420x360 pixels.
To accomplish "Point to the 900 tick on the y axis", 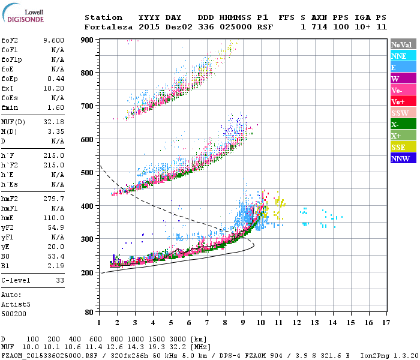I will (88, 40).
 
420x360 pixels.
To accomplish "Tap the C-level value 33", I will (59, 280).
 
